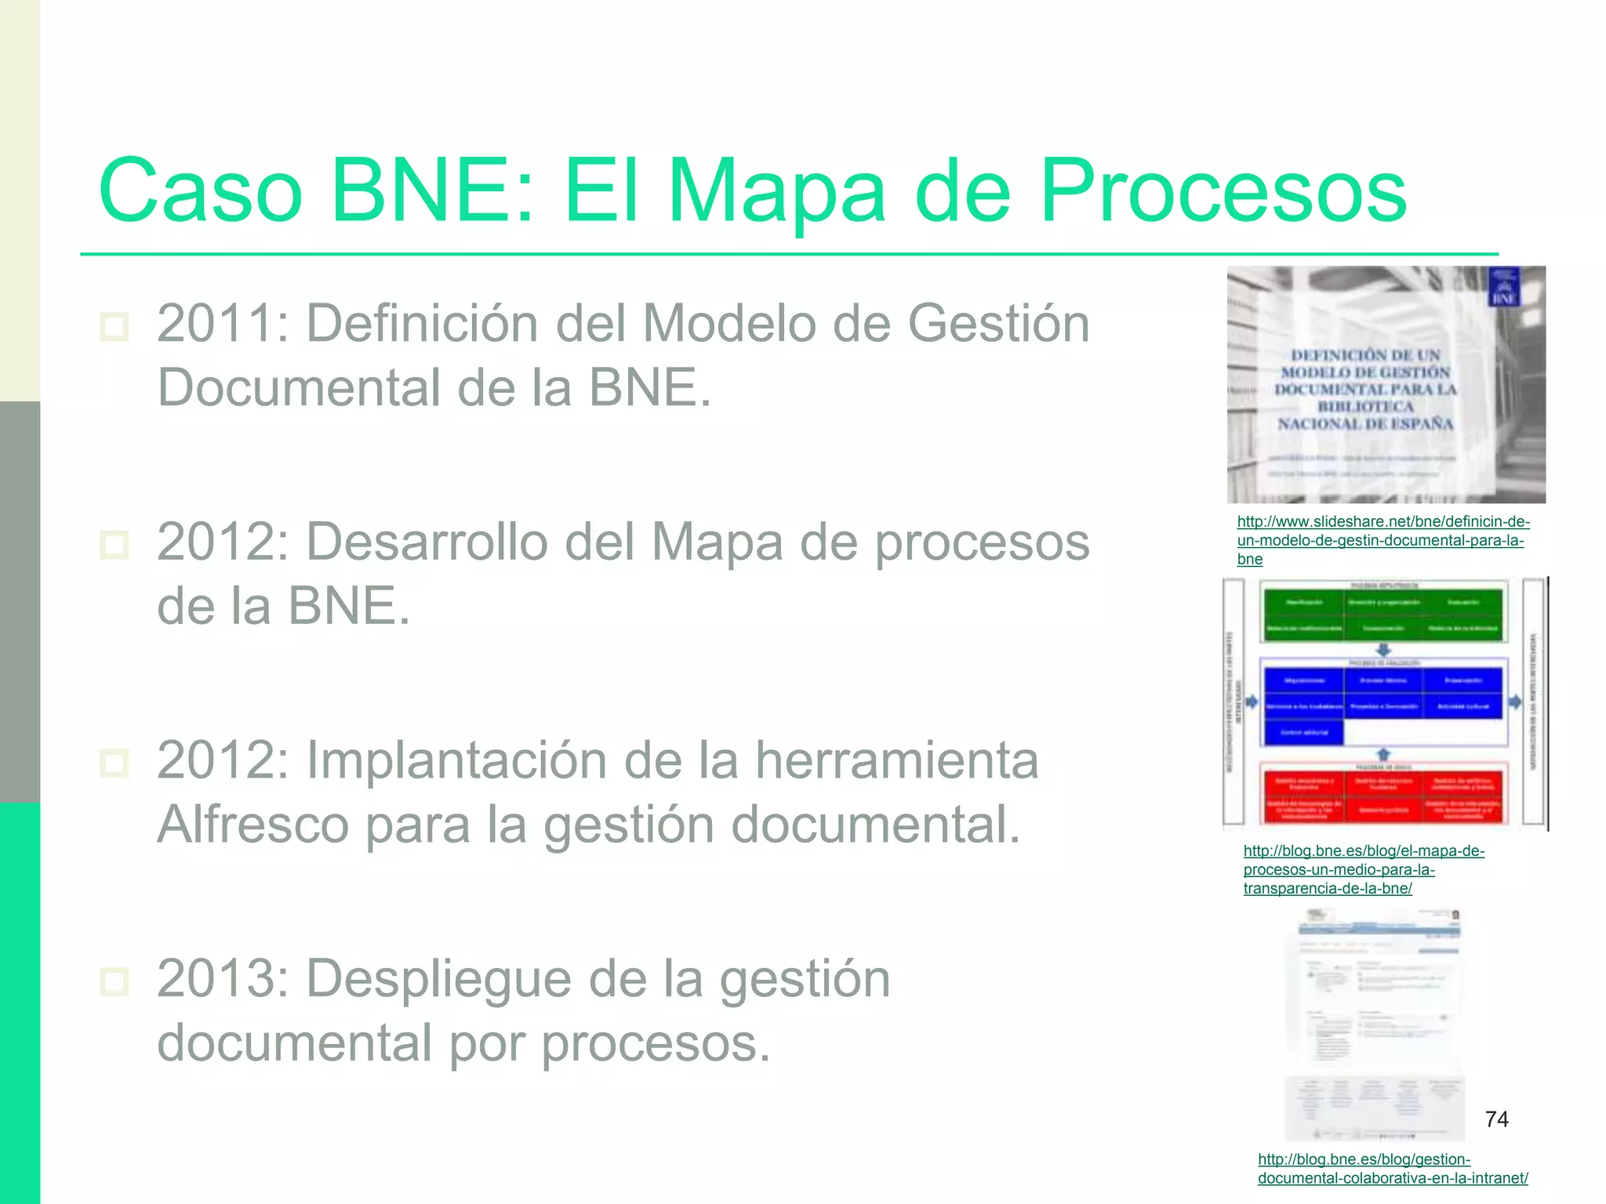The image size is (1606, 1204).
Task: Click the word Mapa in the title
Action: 776,191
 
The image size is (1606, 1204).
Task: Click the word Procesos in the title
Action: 1223,191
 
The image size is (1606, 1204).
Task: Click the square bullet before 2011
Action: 114,326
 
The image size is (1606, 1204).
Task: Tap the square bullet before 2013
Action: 114,981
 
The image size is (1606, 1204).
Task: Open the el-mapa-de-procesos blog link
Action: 1363,869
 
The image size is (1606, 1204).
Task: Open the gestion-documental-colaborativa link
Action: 1392,1169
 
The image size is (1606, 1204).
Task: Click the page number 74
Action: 1496,1119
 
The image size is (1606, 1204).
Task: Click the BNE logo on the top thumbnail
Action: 1503,288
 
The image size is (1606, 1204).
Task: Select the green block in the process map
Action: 1383,614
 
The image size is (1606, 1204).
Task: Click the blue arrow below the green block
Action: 1383,650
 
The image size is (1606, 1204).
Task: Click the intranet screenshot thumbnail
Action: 1374,1023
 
